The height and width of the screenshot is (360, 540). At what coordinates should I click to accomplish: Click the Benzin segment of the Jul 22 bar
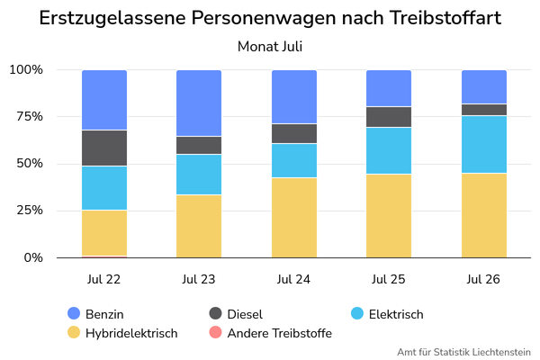pyautogui.click(x=104, y=100)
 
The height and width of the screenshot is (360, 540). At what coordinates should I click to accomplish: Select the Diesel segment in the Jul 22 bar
pyautogui.click(x=104, y=148)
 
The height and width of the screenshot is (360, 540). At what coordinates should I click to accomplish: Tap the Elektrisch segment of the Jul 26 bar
pyautogui.click(x=484, y=144)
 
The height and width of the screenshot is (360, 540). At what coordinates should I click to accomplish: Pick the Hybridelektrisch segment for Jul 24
pyautogui.click(x=294, y=218)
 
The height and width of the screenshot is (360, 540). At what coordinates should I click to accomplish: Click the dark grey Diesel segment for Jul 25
pyautogui.click(x=389, y=117)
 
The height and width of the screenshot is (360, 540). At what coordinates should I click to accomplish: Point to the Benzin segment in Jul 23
pyautogui.click(x=199, y=103)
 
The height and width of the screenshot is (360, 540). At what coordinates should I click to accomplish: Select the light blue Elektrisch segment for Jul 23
pyautogui.click(x=199, y=175)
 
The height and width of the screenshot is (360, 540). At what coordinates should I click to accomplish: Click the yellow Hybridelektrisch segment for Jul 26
pyautogui.click(x=484, y=216)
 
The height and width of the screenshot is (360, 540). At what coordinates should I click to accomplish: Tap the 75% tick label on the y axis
pyautogui.click(x=30, y=116)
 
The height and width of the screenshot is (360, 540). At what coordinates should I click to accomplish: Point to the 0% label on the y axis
pyautogui.click(x=33, y=257)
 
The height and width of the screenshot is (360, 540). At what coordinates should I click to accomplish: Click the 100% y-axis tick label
pyautogui.click(x=26, y=69)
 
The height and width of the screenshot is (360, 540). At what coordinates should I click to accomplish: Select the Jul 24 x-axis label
pyautogui.click(x=293, y=279)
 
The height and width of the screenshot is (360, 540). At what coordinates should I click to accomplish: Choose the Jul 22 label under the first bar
pyautogui.click(x=104, y=279)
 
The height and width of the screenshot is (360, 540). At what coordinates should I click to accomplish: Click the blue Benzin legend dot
pyautogui.click(x=74, y=313)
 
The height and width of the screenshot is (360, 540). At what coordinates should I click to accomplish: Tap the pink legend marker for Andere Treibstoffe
pyautogui.click(x=216, y=332)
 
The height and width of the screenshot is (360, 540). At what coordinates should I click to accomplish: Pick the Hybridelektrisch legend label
pyautogui.click(x=131, y=333)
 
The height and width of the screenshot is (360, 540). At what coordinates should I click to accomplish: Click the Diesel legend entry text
pyautogui.click(x=245, y=314)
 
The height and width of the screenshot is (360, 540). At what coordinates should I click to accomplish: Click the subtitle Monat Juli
pyautogui.click(x=270, y=47)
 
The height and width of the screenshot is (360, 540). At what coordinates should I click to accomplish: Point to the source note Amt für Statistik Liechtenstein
pyautogui.click(x=463, y=352)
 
